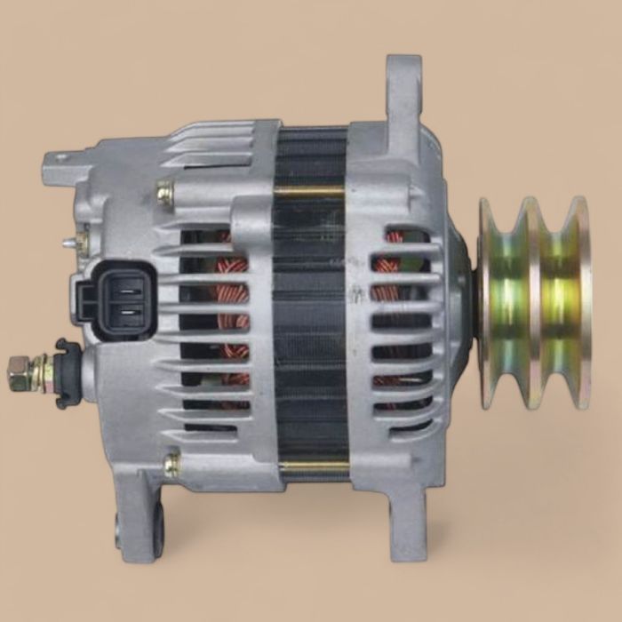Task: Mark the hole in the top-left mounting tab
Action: tap(60, 160)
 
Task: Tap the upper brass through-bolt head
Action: tap(165, 191)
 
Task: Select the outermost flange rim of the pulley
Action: tap(582, 302)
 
